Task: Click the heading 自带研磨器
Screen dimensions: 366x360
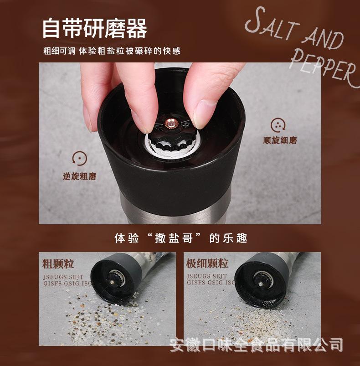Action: click(94, 28)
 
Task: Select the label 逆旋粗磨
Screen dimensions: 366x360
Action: click(80, 176)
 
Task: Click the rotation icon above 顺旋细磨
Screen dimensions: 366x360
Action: click(278, 124)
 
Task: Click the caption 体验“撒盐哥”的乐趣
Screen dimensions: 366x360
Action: click(180, 238)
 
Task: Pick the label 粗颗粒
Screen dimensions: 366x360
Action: click(58, 264)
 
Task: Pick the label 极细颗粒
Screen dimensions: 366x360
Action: click(207, 264)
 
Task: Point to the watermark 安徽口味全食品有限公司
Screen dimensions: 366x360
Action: click(256, 344)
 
